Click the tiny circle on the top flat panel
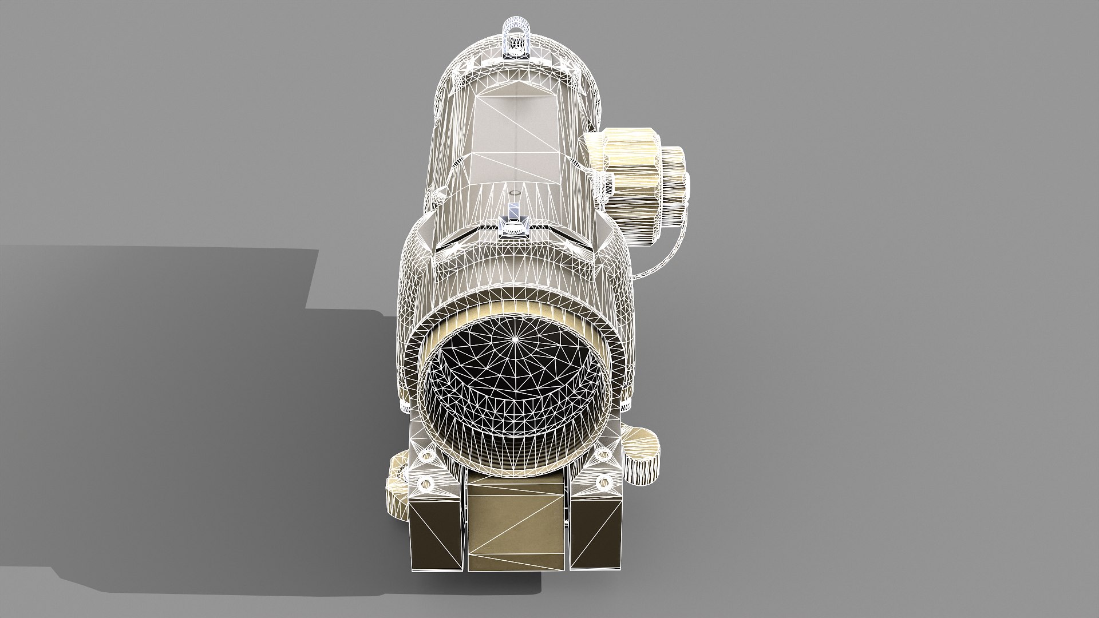[513, 193]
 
